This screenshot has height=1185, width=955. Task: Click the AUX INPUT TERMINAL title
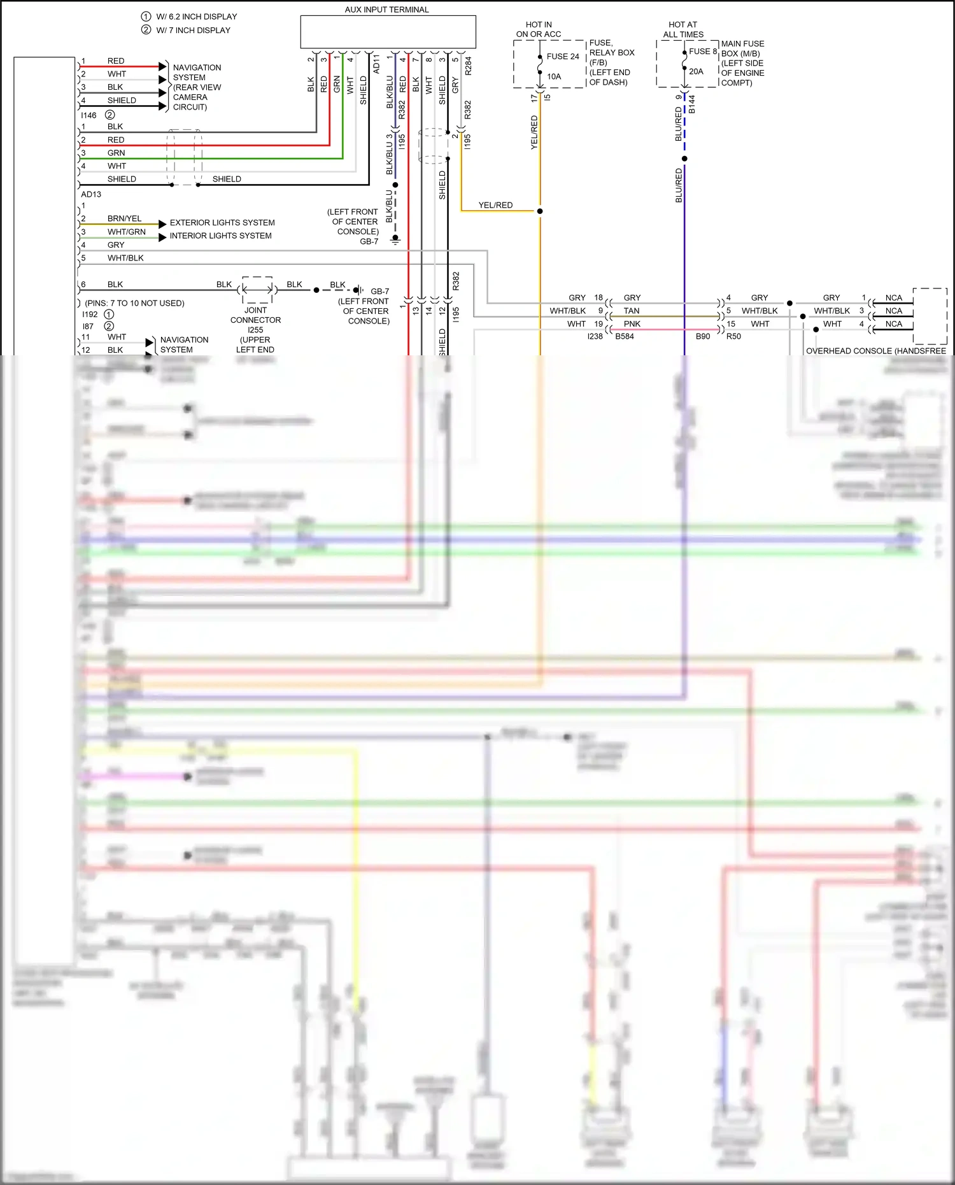386,10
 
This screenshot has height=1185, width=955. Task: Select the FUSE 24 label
563,57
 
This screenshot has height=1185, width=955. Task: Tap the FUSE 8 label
702,52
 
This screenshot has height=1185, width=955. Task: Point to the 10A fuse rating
554,76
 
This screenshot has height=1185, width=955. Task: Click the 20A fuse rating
696,71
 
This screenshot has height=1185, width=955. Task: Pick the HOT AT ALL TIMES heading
683,29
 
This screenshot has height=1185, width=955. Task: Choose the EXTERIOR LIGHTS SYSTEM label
222,223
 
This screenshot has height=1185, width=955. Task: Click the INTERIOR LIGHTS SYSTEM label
220,236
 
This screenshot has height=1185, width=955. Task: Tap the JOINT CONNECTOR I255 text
255,320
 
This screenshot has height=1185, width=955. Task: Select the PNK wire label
632,324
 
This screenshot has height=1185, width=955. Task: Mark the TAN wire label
631,311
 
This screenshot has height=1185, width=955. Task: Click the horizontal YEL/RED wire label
495,205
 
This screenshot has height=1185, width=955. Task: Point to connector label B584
624,336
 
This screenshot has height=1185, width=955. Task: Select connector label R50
733,336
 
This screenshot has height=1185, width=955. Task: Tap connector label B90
702,336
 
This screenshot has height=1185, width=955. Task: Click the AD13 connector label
91,194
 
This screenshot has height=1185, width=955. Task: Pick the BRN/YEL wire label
124,218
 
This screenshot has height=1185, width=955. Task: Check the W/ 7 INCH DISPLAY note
193,30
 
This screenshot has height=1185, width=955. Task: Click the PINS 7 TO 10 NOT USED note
134,303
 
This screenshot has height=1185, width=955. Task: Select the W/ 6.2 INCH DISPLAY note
196,17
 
